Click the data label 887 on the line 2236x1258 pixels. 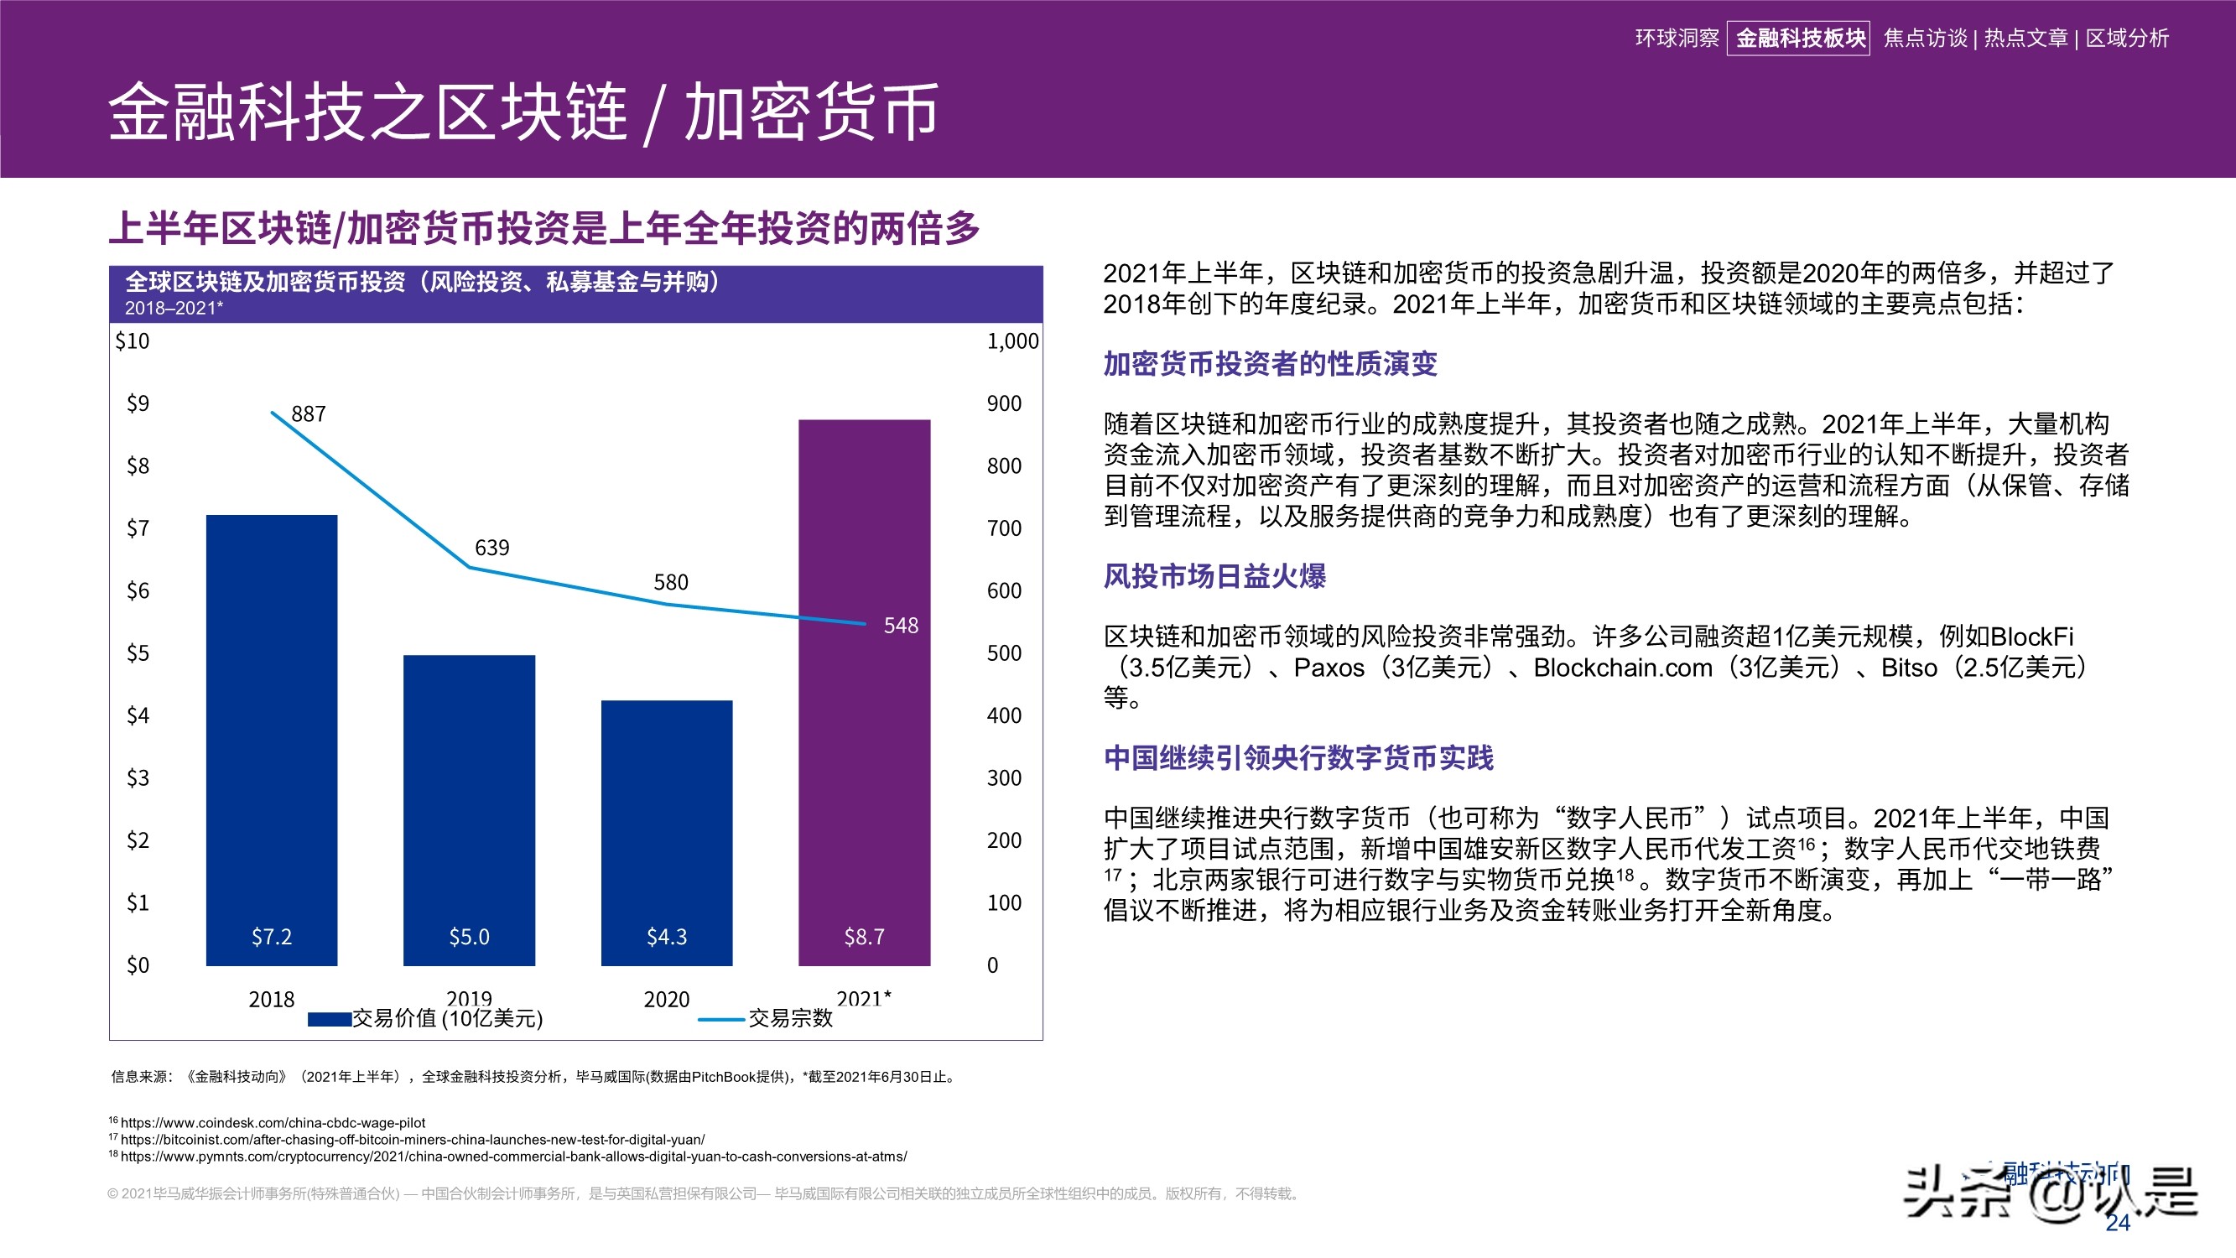[308, 414]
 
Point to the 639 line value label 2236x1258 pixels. [491, 548]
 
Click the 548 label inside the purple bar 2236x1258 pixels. [900, 626]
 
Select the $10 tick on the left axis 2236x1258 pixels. [132, 341]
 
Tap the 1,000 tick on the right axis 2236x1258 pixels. [1012, 341]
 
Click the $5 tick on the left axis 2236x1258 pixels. [138, 652]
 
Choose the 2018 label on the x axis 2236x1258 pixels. [271, 1000]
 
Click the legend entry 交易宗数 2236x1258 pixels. [789, 1018]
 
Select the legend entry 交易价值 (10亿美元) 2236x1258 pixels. [446, 1018]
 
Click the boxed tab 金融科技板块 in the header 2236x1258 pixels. [1799, 39]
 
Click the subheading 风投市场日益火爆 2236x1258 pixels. [1214, 576]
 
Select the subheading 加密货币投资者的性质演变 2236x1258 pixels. [1270, 364]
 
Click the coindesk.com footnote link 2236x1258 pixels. [273, 1123]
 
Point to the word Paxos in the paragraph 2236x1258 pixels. [1328, 668]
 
